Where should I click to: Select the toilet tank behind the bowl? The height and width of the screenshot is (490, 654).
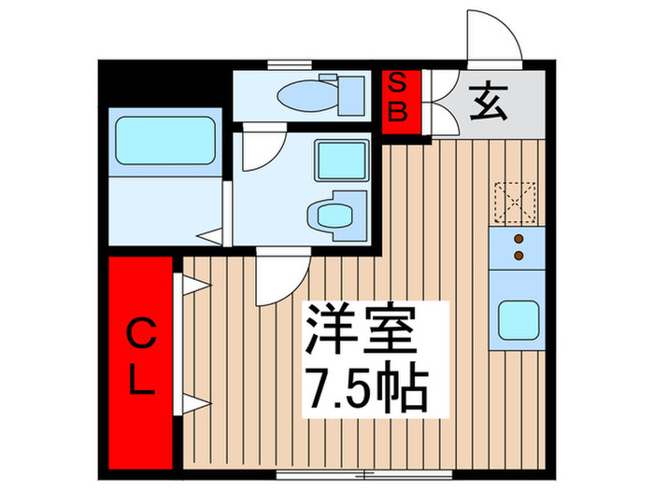coord(352,92)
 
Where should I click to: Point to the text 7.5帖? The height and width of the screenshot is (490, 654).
coord(366,390)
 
